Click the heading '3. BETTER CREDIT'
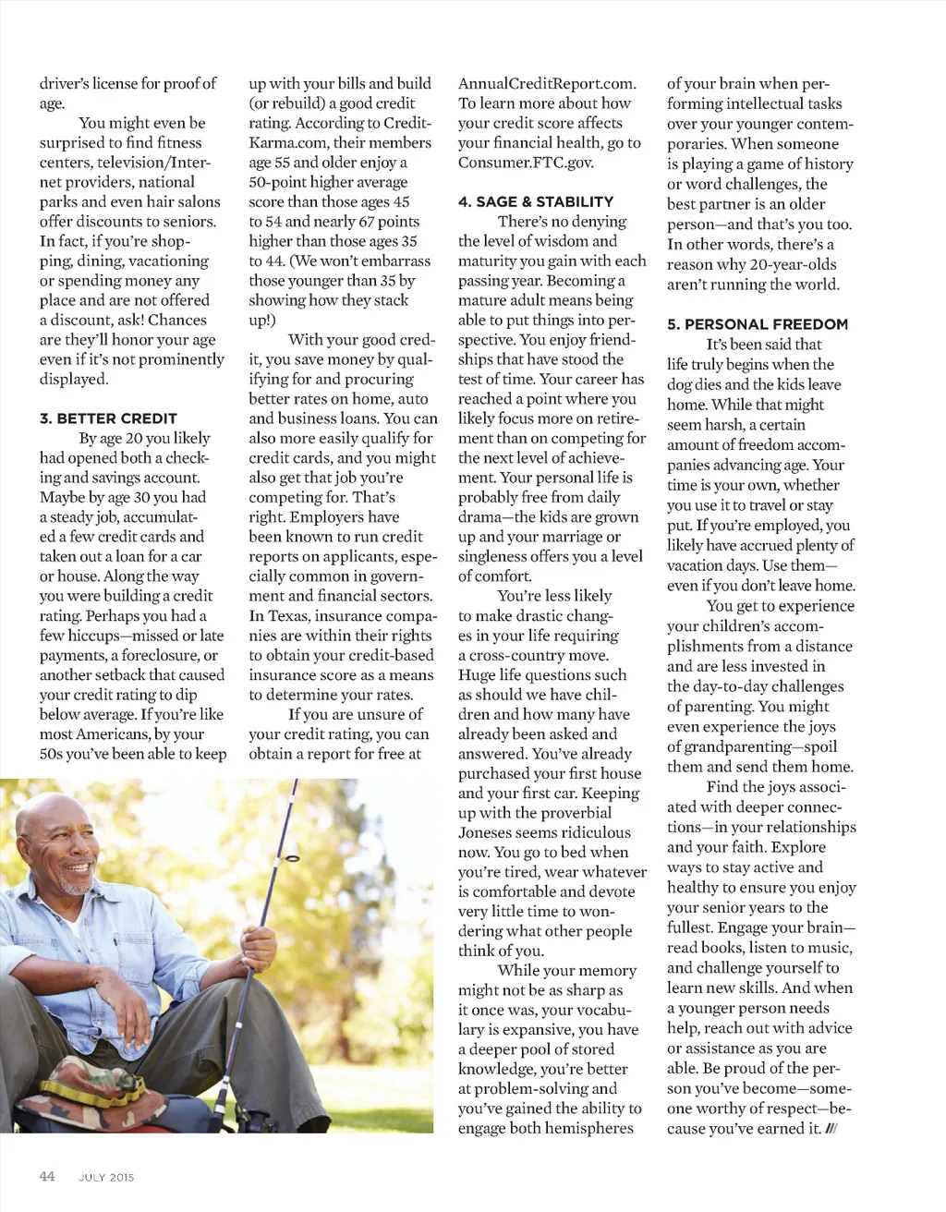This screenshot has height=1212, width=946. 108,418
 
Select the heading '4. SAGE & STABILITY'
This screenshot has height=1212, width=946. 536,201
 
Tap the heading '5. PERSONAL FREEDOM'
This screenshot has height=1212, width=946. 758,324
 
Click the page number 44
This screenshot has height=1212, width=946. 47,1176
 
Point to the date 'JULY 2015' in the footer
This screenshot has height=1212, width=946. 106,1177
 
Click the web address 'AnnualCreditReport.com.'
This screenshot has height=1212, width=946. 547,84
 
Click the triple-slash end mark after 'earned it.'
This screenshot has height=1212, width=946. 830,1129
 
